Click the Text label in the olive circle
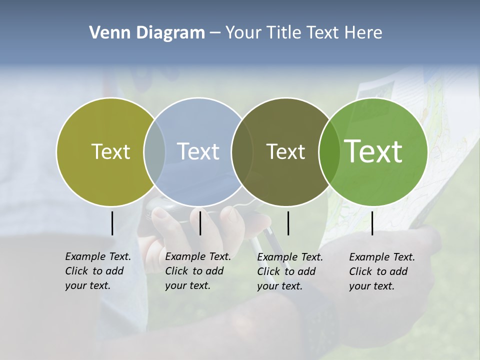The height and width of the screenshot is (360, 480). (110, 151)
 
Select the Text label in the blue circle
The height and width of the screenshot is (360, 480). (198, 151)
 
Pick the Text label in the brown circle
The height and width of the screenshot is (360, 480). (285, 151)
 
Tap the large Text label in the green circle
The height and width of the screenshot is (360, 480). (373, 151)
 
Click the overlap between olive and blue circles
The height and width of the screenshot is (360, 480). (154, 151)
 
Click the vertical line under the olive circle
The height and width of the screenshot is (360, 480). (112, 223)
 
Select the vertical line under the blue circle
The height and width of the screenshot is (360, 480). (200, 223)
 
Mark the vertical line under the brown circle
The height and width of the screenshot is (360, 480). (288, 223)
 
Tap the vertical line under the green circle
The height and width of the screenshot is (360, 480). (372, 223)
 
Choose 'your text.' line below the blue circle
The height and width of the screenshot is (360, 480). (187, 285)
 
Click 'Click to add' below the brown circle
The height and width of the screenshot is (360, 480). (286, 271)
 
